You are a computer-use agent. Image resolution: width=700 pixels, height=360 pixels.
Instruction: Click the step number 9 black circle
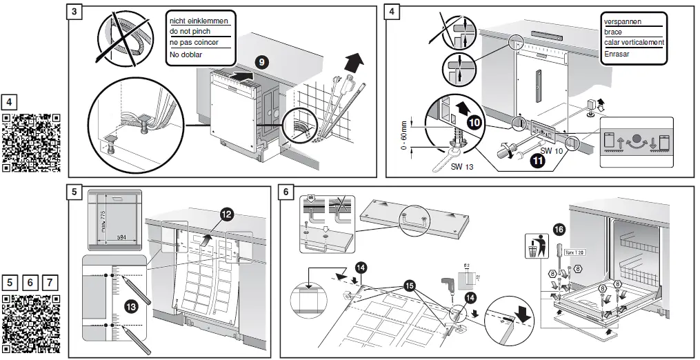point(263,61)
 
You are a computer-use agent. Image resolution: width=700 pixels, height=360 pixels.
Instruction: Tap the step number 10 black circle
point(474,121)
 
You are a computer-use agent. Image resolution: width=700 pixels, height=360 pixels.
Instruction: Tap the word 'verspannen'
point(622,21)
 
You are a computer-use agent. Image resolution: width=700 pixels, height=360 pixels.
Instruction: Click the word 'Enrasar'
point(618,54)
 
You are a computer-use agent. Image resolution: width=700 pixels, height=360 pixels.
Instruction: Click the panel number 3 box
point(74,12)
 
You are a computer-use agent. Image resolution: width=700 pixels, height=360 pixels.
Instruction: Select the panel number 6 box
point(286,191)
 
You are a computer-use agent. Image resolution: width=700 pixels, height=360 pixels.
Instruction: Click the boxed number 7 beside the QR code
point(51,282)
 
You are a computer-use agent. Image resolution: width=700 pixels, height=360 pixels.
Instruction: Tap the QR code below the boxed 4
point(31,142)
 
